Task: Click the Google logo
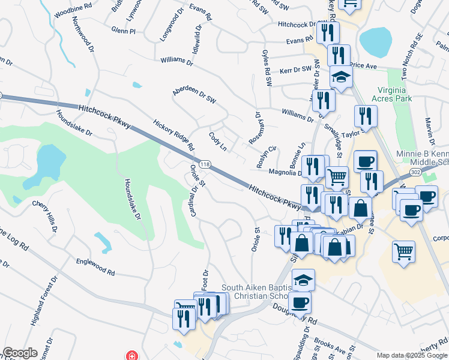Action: click(20, 353)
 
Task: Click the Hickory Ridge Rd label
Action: click(173, 134)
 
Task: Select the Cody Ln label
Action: click(217, 142)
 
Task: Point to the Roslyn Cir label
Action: click(266, 156)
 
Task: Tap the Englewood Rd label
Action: click(95, 267)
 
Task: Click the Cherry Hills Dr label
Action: click(46, 216)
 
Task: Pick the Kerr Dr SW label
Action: click(295, 70)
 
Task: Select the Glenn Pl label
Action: click(124, 30)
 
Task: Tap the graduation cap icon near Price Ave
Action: click(342, 78)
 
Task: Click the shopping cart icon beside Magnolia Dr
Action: click(337, 176)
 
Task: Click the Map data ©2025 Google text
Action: click(411, 355)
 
